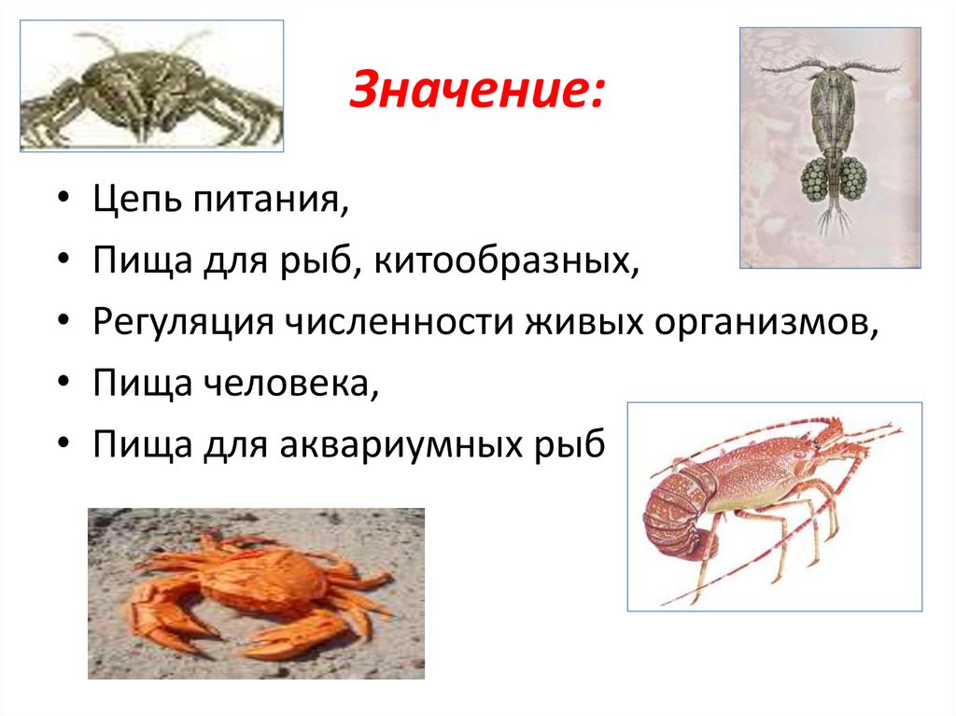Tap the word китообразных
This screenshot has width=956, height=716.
click(508, 262)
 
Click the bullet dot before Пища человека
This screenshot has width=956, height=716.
click(63, 384)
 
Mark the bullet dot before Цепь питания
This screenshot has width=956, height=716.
click(63, 203)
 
